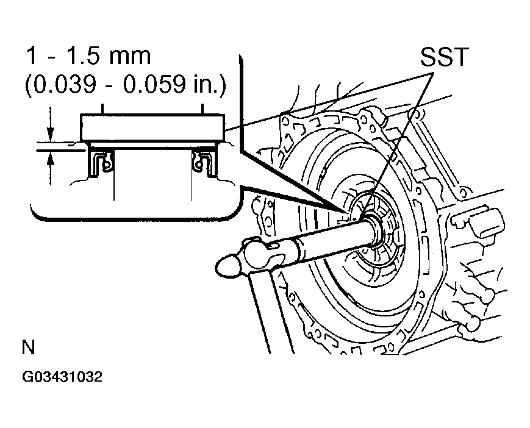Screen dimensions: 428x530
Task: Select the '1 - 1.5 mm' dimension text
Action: [88, 57]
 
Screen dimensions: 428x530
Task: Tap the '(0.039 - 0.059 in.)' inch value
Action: [125, 86]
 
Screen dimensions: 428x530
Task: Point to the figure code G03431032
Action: [62, 377]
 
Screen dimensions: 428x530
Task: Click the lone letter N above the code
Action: [28, 348]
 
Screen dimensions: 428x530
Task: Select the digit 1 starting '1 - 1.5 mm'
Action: [30, 57]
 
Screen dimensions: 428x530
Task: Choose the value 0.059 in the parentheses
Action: [160, 86]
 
